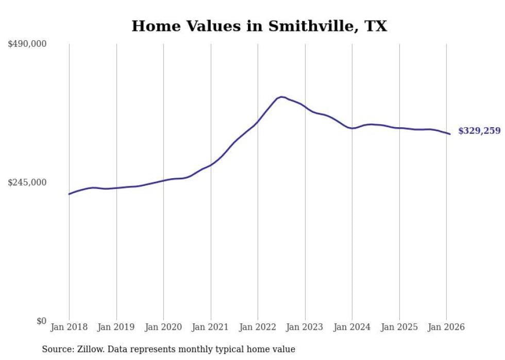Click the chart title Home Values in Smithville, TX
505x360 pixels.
click(x=259, y=26)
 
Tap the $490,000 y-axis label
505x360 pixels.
click(x=27, y=44)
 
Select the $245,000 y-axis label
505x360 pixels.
click(x=27, y=182)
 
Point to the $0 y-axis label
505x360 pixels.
click(x=41, y=321)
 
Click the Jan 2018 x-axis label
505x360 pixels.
click(x=69, y=327)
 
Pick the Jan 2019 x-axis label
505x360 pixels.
click(x=116, y=327)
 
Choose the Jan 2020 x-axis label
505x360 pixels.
click(x=163, y=327)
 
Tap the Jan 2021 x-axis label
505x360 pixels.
click(x=211, y=327)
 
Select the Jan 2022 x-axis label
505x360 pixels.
click(x=258, y=327)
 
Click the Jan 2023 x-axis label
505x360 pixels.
click(x=305, y=327)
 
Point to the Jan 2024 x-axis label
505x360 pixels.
click(x=352, y=327)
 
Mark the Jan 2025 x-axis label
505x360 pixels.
click(x=399, y=327)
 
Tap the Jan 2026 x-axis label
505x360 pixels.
click(x=446, y=327)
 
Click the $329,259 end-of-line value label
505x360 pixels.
click(x=479, y=131)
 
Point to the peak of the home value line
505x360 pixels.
click(x=281, y=97)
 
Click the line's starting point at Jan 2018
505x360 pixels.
click(x=69, y=194)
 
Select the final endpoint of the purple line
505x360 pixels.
click(x=450, y=134)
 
